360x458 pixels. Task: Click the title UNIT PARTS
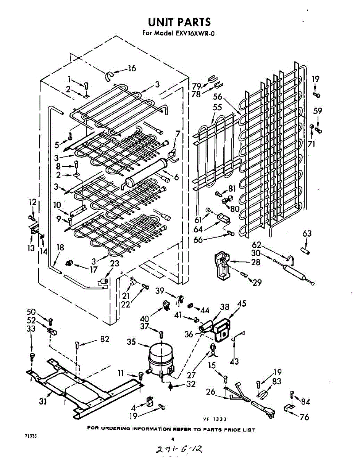(179, 22)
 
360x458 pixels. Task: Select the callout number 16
(132, 69)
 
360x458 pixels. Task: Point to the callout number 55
(217, 108)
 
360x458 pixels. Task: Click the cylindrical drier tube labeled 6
(147, 173)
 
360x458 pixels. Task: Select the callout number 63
(307, 233)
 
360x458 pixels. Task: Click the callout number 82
(105, 339)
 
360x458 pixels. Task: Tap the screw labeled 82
(78, 345)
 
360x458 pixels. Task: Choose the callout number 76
(304, 417)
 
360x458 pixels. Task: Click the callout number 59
(318, 111)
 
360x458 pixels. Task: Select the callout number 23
(115, 263)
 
